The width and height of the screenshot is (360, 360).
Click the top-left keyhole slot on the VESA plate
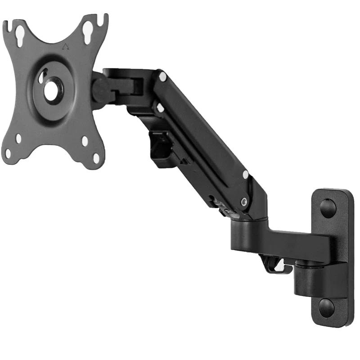click(x=21, y=36)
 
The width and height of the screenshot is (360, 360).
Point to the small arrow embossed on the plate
click(x=66, y=45)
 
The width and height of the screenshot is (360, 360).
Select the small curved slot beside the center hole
click(x=41, y=77)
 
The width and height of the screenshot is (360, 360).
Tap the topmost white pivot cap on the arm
click(x=162, y=77)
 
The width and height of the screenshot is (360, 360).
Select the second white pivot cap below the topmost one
click(x=159, y=108)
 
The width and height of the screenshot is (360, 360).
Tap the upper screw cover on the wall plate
click(x=328, y=207)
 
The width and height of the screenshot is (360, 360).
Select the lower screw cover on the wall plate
click(x=327, y=307)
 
